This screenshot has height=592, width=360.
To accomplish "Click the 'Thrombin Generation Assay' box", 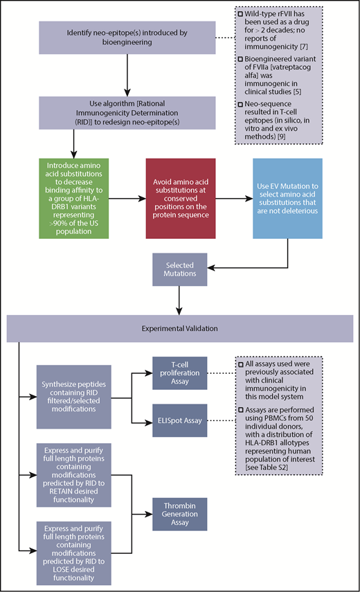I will point(181,513).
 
